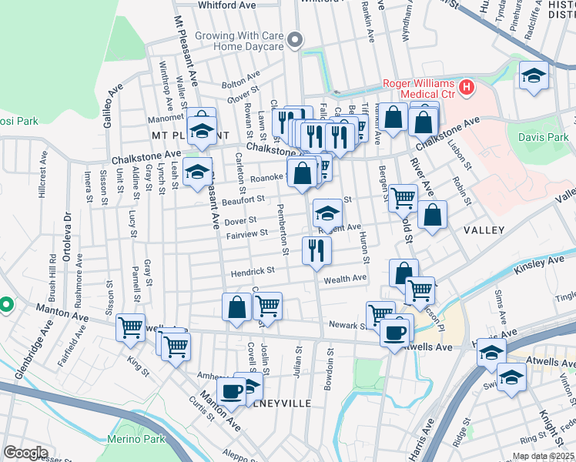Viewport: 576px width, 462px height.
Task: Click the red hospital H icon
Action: click(465, 89)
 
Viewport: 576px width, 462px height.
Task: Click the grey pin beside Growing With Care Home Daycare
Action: click(294, 42)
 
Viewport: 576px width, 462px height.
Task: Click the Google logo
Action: click(25, 452)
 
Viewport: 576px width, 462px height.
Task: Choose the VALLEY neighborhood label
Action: click(484, 230)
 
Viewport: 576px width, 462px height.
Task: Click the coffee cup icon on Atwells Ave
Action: click(395, 332)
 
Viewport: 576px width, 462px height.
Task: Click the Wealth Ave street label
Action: click(344, 280)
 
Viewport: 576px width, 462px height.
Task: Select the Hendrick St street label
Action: click(253, 272)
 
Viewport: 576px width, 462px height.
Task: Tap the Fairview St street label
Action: click(245, 233)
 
